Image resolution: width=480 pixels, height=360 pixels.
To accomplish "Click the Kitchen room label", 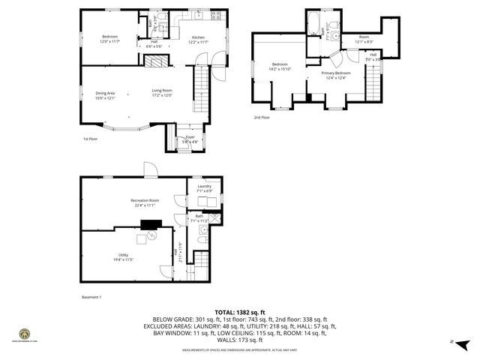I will coord(198,37).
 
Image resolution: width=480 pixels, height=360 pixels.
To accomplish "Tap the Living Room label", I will coord(162,91).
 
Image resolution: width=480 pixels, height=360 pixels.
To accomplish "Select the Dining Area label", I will coord(103,94).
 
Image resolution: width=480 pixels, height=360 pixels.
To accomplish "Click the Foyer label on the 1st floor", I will coord(190,136).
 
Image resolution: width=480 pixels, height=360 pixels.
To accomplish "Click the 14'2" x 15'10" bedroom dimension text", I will coord(281,69).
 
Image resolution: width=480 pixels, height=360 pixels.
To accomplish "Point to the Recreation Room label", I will coord(145,200).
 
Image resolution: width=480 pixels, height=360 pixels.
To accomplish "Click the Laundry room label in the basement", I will coord(204,186).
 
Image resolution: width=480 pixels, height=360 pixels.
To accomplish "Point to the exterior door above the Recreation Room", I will coord(149,169).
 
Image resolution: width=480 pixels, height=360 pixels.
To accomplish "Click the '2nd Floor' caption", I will coord(262,118).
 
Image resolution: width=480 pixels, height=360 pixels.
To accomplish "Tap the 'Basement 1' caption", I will coord(91,297).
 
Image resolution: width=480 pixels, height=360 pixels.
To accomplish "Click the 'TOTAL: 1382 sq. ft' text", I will coord(240,311).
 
